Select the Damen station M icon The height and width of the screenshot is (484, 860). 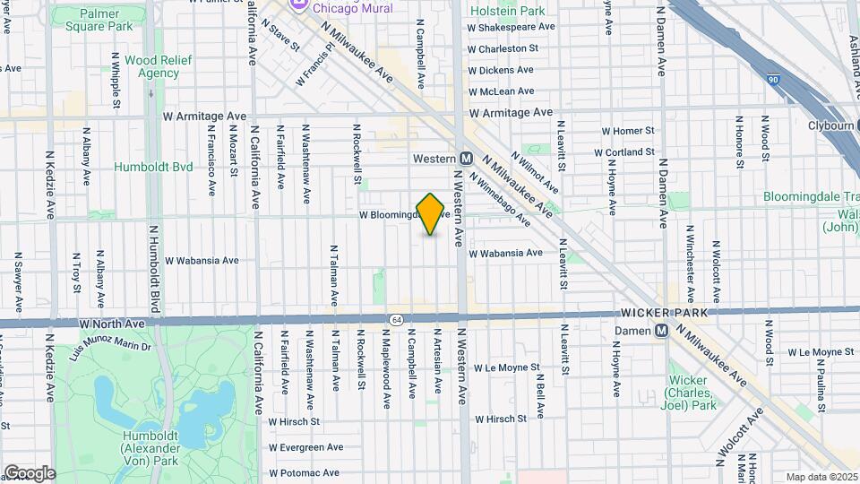point(662,331)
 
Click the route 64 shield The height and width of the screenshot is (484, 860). point(395,319)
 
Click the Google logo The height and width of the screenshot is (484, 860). point(29,473)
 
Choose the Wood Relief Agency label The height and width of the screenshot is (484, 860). point(152,66)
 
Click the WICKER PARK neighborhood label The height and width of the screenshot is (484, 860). point(663,313)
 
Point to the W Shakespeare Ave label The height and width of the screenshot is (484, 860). point(512,27)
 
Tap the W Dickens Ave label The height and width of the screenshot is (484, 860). point(501,70)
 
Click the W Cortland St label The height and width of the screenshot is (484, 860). point(623,153)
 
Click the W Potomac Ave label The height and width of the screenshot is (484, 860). point(305,472)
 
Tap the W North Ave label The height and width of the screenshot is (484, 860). point(112,323)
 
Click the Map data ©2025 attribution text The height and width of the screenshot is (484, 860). point(821,477)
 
